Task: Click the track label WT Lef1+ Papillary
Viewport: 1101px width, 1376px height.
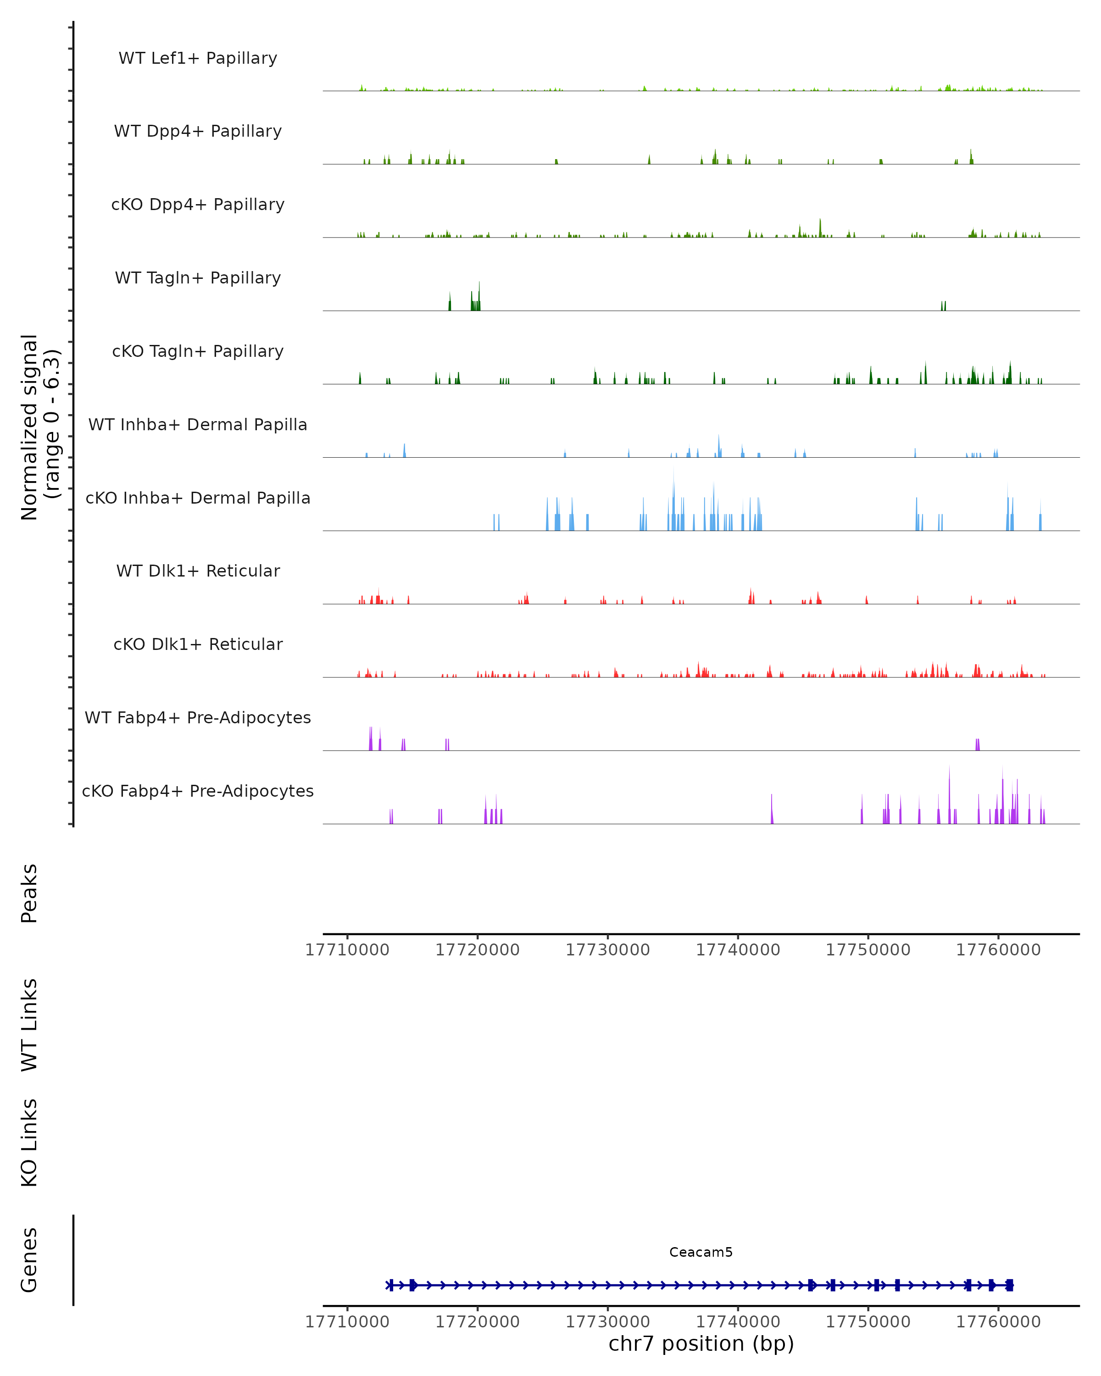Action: (x=198, y=58)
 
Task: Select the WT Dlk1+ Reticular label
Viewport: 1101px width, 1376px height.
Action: (x=198, y=571)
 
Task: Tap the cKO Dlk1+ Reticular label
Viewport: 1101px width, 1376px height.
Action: (x=198, y=644)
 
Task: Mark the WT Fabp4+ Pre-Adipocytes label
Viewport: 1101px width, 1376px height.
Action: (x=198, y=717)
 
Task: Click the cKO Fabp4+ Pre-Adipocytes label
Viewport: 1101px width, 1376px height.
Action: (x=198, y=791)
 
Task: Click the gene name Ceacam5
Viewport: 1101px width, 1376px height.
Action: (x=701, y=1252)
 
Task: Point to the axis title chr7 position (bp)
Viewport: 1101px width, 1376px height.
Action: (x=701, y=1343)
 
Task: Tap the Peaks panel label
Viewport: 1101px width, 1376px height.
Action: (x=29, y=893)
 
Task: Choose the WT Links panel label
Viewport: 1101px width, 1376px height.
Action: (x=29, y=1024)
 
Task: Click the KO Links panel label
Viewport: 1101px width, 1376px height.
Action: (x=29, y=1143)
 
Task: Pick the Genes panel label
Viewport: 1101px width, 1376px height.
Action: (x=29, y=1260)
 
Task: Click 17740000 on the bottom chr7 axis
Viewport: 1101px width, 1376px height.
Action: (x=738, y=1322)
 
